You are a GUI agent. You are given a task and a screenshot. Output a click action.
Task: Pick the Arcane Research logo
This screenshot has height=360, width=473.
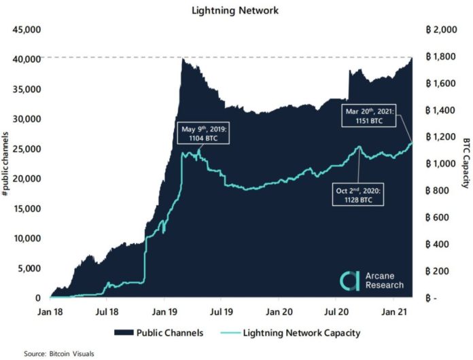370,279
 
